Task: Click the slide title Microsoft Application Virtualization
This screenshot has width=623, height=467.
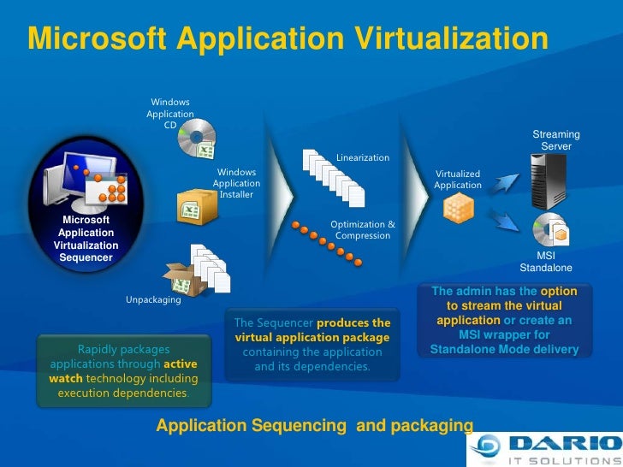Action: pos(287,39)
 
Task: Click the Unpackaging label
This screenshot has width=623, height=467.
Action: pos(153,300)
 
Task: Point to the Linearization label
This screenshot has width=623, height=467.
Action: pos(363,158)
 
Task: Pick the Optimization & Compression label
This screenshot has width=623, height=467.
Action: pos(363,230)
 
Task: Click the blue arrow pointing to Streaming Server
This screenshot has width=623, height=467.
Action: pos(510,182)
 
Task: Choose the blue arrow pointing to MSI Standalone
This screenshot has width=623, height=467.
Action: pos(510,221)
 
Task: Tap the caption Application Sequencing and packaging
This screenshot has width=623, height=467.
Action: pos(314,425)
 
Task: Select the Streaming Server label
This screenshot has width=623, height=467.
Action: pos(556,140)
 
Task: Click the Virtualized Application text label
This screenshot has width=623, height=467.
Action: pos(458,180)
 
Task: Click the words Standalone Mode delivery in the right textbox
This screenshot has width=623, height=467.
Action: pos(504,350)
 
